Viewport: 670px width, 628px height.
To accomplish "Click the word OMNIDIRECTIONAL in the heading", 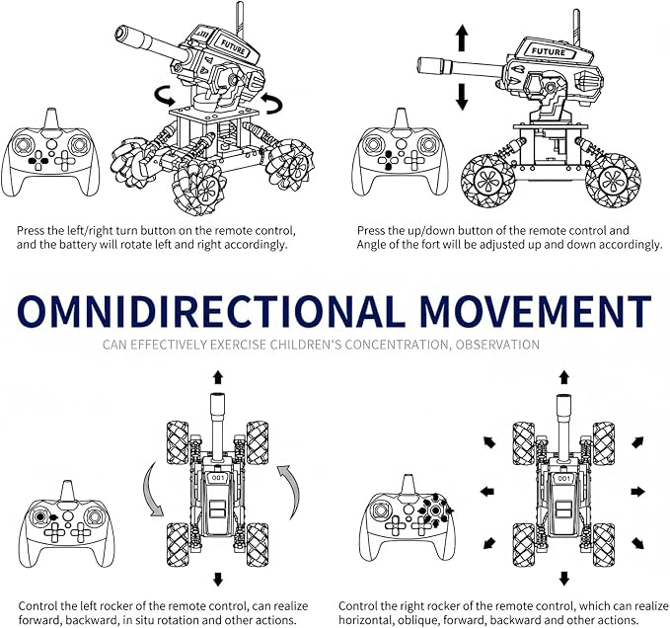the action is point(210,310).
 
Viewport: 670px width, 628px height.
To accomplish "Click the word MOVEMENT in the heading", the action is point(536,310).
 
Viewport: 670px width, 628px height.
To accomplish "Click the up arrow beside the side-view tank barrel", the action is point(462,39).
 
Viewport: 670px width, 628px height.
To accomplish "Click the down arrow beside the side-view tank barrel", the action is point(462,97).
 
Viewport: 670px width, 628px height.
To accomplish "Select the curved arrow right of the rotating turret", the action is point(272,103).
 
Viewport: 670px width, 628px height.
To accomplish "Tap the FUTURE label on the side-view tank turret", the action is point(549,51).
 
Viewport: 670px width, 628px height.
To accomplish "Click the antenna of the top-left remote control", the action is point(51,118).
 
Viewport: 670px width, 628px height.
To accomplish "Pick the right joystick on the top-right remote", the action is point(428,144).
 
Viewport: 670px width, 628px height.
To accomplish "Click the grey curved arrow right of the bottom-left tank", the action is point(291,493).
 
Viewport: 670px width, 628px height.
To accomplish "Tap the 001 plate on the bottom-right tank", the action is point(564,478).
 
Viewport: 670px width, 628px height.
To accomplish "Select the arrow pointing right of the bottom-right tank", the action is point(638,492).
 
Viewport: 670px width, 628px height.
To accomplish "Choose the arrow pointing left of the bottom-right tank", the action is point(487,492).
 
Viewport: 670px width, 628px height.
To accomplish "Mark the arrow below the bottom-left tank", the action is point(218,579).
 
